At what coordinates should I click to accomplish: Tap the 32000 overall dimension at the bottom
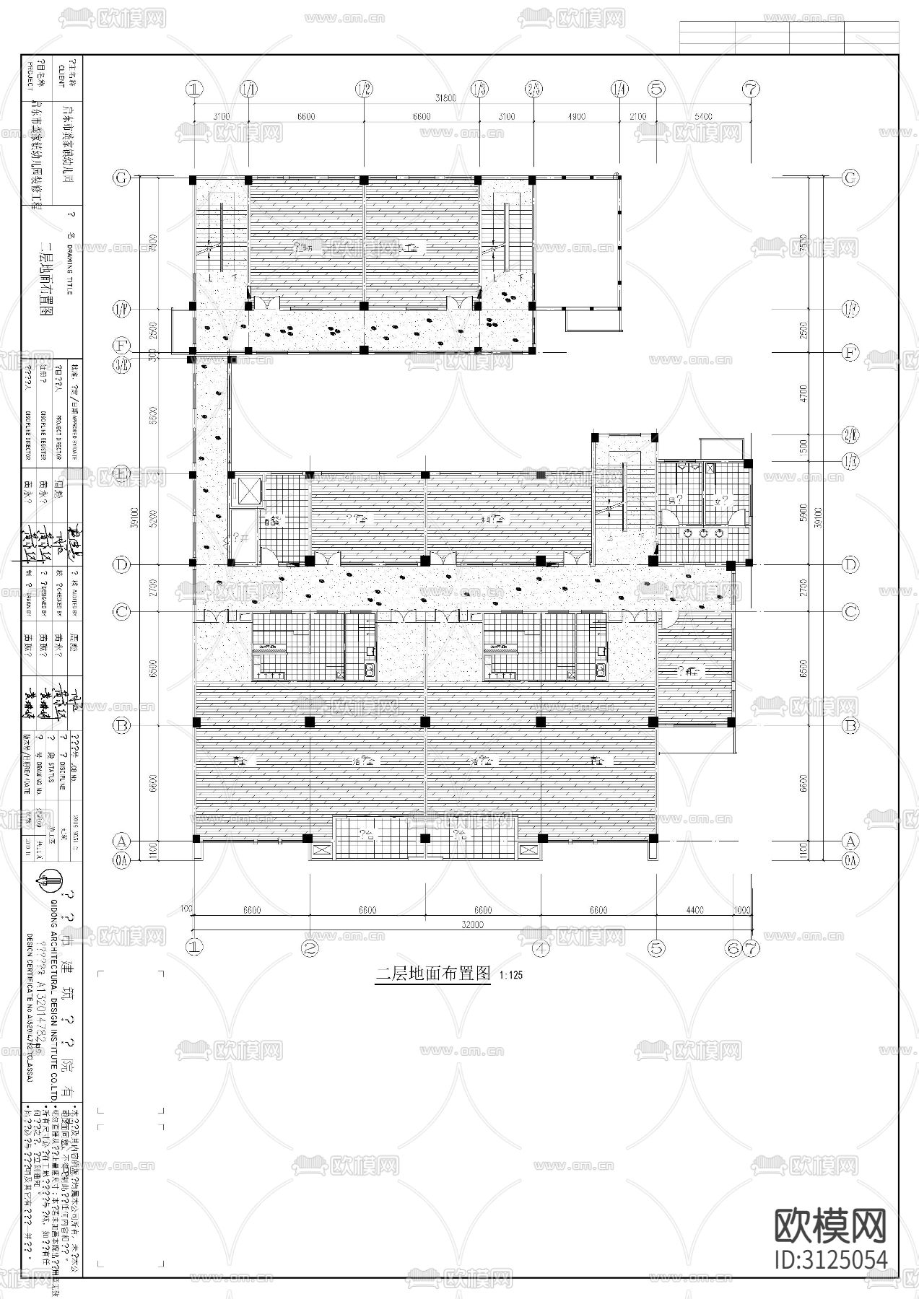coord(473,924)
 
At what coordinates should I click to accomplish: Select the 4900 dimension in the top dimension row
coord(575,116)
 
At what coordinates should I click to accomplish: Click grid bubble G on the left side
coord(122,177)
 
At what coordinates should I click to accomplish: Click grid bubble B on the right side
coord(851,725)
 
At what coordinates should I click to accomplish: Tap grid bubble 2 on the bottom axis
coord(310,948)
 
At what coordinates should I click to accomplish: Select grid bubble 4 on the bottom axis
coord(541,948)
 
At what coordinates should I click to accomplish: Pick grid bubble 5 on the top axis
coord(656,89)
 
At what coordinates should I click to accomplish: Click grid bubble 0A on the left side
coord(122,859)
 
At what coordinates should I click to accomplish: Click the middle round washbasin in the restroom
coord(703,533)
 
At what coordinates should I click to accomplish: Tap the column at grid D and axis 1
coord(193,563)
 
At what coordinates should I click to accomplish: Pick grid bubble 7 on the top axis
coord(752,89)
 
